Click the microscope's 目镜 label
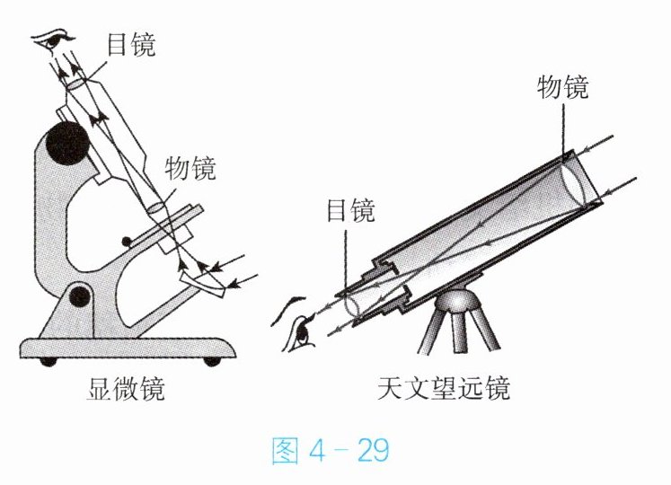click(x=130, y=44)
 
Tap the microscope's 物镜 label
click(x=190, y=167)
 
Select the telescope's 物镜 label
click(x=563, y=86)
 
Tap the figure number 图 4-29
click(x=331, y=450)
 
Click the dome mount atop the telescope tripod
click(x=464, y=297)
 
